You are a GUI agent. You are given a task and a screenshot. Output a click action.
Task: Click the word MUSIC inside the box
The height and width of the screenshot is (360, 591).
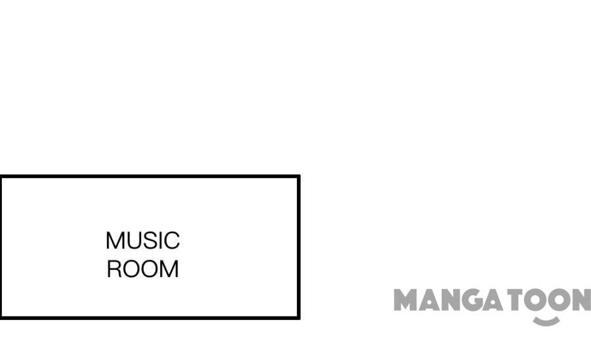(142, 241)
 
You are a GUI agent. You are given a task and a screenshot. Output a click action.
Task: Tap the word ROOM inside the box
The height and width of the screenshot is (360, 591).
(142, 269)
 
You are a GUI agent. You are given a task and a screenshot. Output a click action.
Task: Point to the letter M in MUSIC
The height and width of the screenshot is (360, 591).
(115, 241)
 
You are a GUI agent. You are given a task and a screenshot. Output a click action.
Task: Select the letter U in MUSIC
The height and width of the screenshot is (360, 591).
(134, 241)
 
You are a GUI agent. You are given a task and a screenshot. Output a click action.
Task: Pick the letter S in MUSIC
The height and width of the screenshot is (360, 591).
(149, 241)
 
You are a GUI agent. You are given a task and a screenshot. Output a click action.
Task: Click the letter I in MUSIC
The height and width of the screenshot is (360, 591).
(160, 241)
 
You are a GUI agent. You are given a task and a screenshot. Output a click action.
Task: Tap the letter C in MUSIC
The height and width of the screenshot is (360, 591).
(171, 241)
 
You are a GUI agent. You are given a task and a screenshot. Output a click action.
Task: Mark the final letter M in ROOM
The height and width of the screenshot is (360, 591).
(169, 269)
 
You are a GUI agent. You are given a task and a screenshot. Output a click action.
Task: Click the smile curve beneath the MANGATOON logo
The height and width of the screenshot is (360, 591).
(546, 321)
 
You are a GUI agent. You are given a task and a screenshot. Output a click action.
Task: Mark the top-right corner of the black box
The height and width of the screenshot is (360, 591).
(299, 177)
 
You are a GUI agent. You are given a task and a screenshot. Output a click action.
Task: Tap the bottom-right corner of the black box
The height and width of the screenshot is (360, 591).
(299, 317)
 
